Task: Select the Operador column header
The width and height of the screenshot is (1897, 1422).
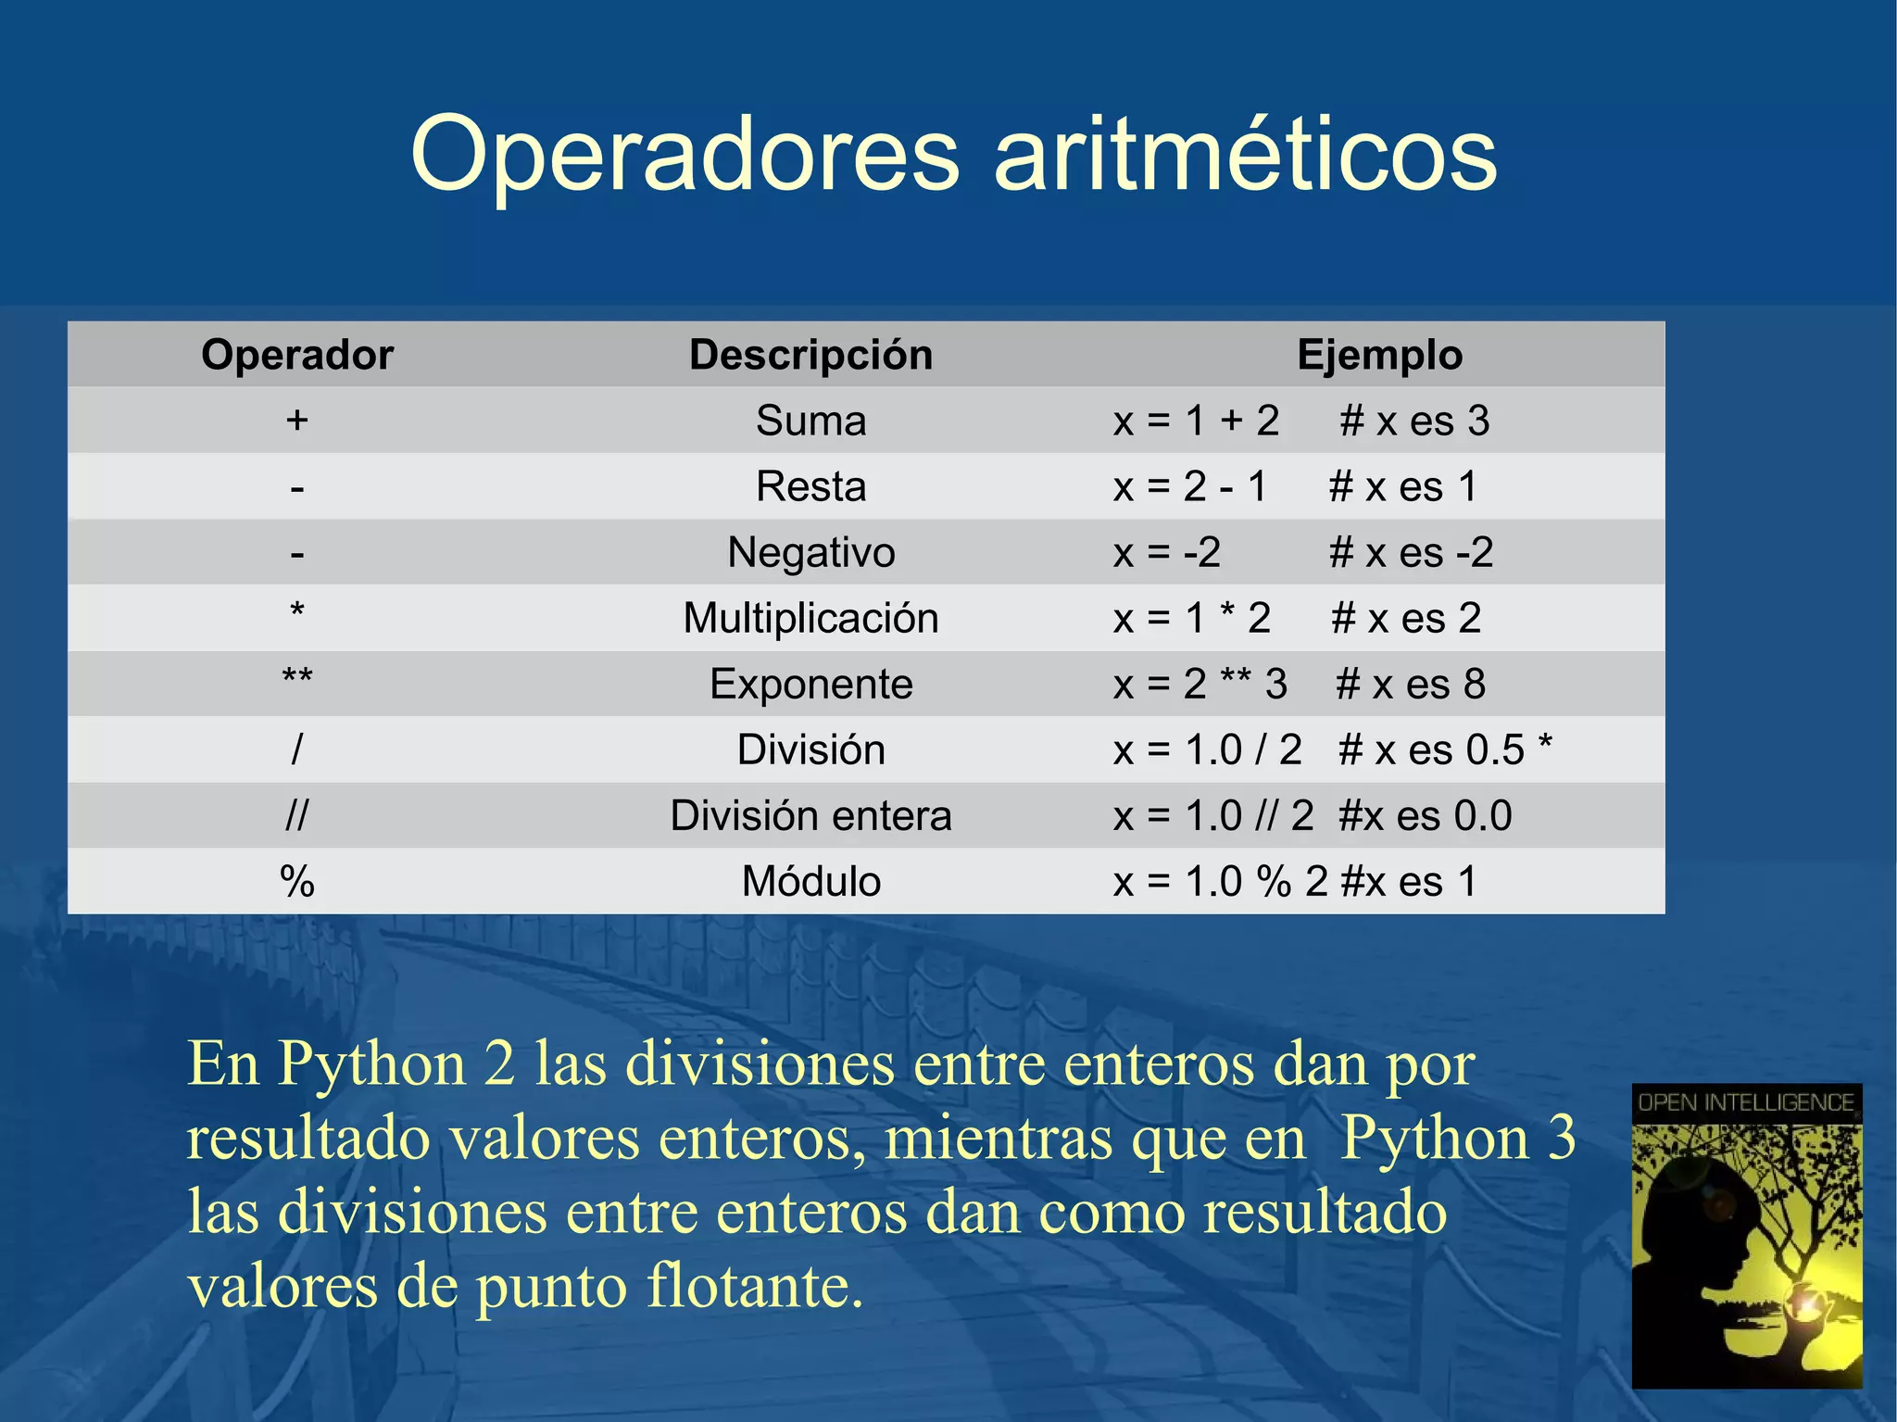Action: point(297,355)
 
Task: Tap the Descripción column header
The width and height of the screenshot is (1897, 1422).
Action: point(810,355)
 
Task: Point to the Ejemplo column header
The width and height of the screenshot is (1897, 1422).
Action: point(1379,355)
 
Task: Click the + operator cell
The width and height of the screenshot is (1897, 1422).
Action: point(296,421)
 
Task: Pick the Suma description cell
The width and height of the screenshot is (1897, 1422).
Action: point(810,421)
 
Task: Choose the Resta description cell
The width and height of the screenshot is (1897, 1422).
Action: point(810,486)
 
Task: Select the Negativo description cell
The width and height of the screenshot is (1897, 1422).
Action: point(810,552)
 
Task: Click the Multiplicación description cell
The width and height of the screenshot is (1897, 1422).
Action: point(810,618)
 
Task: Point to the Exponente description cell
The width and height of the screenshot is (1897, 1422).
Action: point(810,685)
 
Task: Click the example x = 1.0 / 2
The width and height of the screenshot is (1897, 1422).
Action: point(1208,749)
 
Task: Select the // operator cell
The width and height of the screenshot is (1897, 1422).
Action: point(296,815)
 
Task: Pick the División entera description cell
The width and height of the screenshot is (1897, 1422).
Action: point(810,815)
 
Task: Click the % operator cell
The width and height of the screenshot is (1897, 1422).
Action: point(296,881)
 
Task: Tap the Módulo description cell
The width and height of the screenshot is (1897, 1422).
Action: point(810,881)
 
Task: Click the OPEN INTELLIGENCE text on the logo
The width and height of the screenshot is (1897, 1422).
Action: point(1746,1102)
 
